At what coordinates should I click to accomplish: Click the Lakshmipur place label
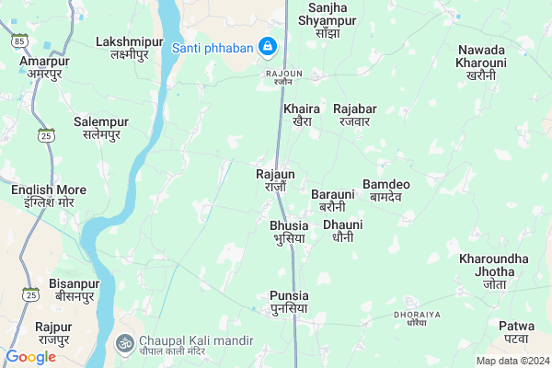coord(129,48)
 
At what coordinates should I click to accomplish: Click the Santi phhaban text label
coord(212,47)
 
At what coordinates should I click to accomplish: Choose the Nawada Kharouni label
coord(480,62)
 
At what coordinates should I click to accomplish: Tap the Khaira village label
coord(302,115)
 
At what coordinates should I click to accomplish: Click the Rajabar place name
coord(354,115)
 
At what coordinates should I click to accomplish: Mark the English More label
coord(49,195)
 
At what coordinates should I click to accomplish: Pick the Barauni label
coord(332,200)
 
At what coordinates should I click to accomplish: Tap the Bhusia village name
coord(288,231)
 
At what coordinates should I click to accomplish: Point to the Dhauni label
coord(342,230)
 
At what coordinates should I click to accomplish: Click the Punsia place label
coord(289,301)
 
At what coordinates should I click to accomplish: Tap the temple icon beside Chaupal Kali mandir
coord(123,341)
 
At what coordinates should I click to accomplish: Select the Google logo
coord(30,356)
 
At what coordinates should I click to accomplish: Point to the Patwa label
coord(516,332)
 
